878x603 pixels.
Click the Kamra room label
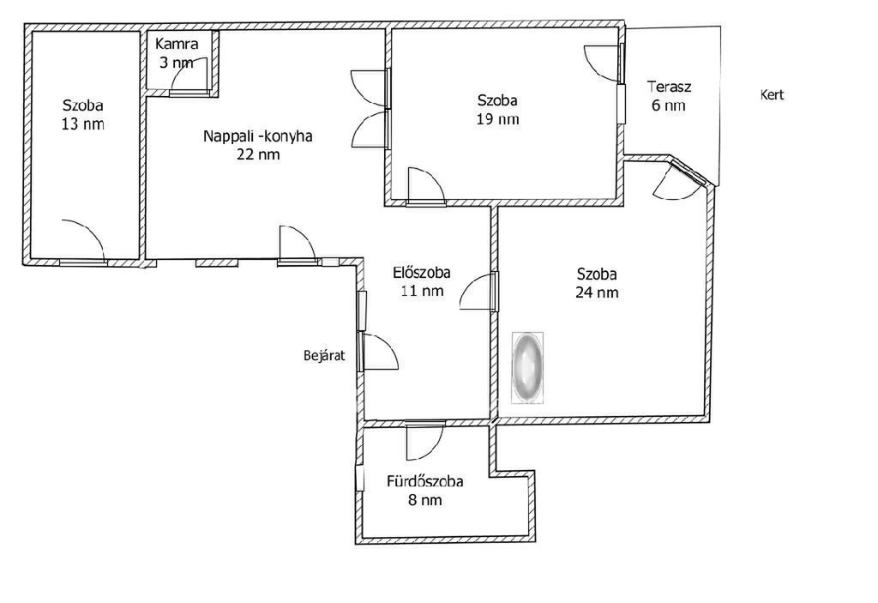(177, 44)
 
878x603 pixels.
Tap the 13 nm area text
(83, 124)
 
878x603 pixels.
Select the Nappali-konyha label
(257, 136)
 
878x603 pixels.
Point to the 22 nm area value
(258, 154)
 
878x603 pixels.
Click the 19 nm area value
(498, 119)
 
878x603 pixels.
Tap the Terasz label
(669, 87)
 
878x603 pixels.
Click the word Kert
(773, 94)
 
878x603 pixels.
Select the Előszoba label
(422, 273)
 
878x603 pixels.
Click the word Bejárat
(324, 355)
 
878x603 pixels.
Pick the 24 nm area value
(597, 292)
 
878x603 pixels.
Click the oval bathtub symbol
(527, 368)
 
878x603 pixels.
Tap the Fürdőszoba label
(425, 481)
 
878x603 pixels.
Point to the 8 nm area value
(425, 500)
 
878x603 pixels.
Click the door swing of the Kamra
(190, 74)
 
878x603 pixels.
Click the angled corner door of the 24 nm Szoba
(677, 179)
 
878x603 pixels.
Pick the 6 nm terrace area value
(669, 106)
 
